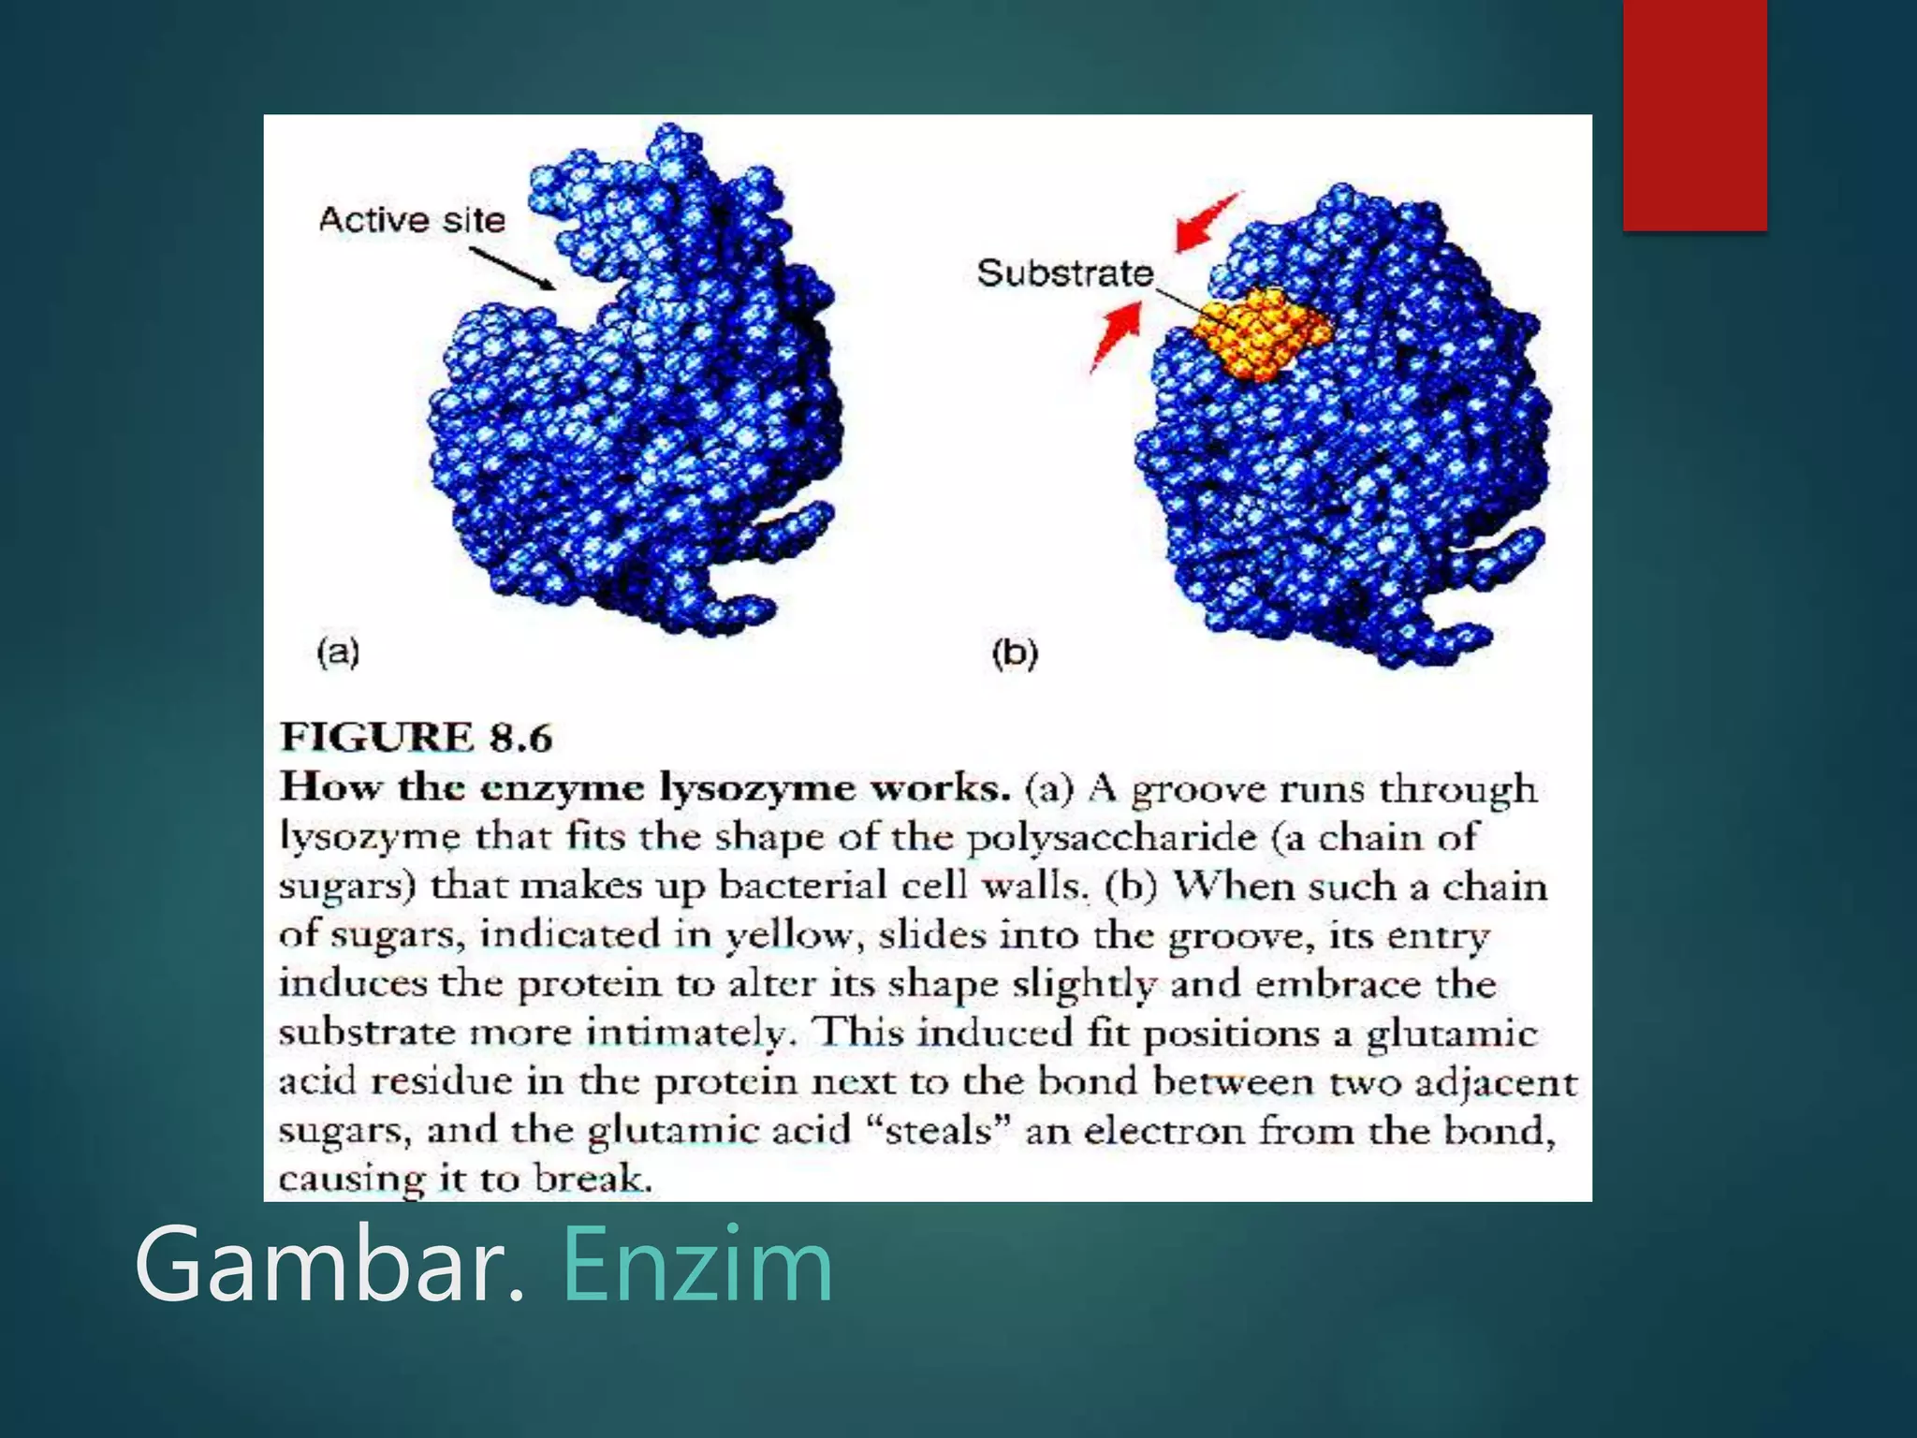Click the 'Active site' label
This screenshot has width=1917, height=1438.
click(412, 220)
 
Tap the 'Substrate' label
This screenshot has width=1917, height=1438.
click(1064, 273)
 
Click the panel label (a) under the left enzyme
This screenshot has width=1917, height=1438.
click(338, 652)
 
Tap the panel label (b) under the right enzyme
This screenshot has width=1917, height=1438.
click(1015, 653)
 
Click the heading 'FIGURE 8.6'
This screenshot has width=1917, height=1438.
click(417, 738)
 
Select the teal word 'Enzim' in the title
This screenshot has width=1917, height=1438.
click(697, 1265)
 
